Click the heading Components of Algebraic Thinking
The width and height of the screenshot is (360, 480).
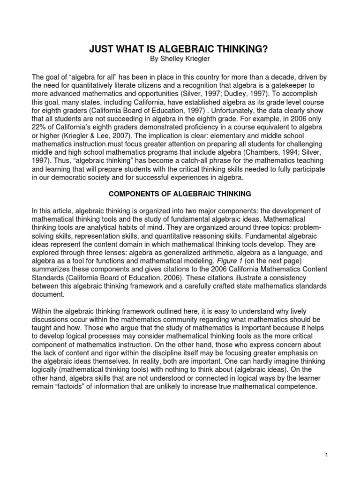tap(180, 194)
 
